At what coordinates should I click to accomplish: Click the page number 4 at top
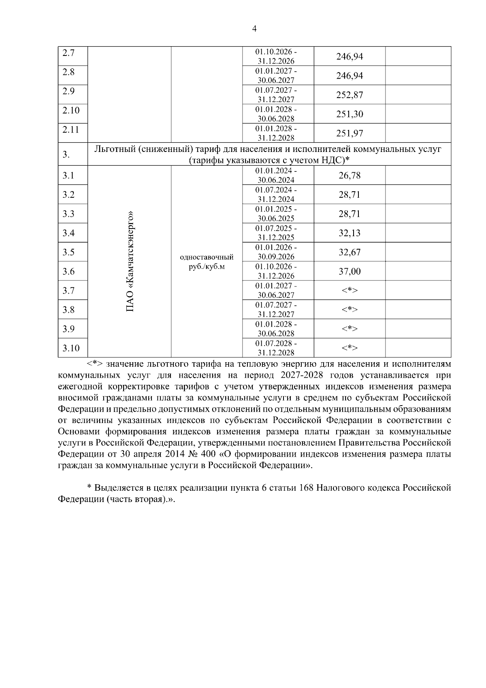pyautogui.click(x=254, y=29)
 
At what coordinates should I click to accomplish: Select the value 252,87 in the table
pyautogui.click(x=350, y=95)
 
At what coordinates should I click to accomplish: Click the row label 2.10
pyautogui.click(x=71, y=110)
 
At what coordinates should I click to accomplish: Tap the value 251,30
pyautogui.click(x=350, y=114)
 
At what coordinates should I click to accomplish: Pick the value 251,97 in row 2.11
pyautogui.click(x=350, y=133)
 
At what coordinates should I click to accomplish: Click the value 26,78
pyautogui.click(x=350, y=175)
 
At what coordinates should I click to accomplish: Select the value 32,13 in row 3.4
pyautogui.click(x=350, y=233)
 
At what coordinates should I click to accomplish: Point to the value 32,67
pyautogui.click(x=350, y=252)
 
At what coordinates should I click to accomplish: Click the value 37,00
pyautogui.click(x=350, y=271)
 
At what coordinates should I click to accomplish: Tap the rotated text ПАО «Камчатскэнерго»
pyautogui.click(x=130, y=261)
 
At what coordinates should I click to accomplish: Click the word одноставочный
pyautogui.click(x=207, y=257)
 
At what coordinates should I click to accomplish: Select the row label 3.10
pyautogui.click(x=71, y=348)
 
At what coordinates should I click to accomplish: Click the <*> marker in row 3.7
pyautogui.click(x=350, y=291)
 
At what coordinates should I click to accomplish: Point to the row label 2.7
pyautogui.click(x=68, y=53)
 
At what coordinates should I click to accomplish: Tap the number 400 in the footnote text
pyautogui.click(x=208, y=454)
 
